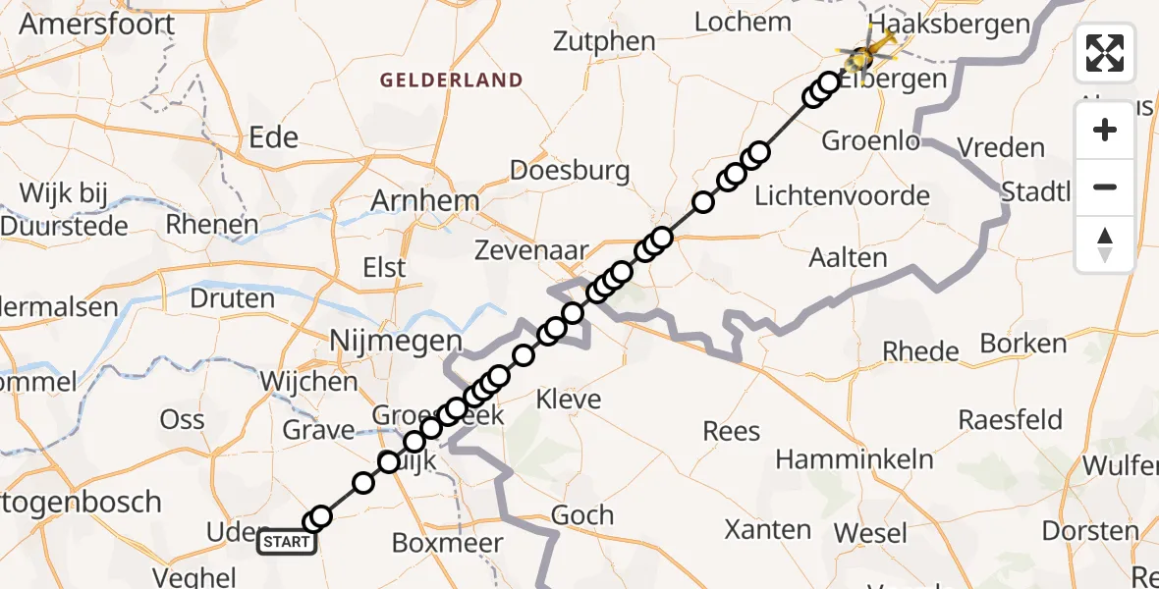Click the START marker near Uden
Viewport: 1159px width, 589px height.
287,542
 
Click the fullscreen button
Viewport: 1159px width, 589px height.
1105,53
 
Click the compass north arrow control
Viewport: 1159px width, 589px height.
1105,244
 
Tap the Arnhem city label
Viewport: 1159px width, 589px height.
424,201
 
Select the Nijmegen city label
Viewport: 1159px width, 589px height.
395,342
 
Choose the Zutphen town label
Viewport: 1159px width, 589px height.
604,41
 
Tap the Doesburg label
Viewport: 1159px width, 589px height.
570,170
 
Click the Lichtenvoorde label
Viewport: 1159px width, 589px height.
842,195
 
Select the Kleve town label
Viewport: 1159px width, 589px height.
568,400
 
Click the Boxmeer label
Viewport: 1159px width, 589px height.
447,543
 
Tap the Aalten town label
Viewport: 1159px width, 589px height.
848,258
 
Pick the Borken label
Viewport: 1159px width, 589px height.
1022,344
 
